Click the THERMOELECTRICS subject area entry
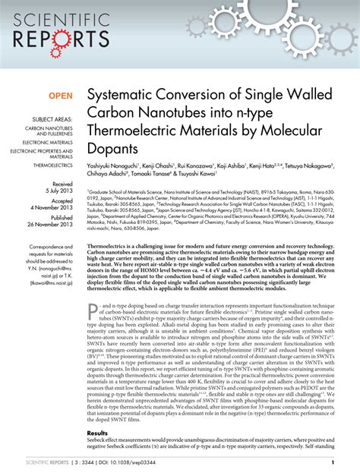point(51,164)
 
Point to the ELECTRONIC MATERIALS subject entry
point(47,142)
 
